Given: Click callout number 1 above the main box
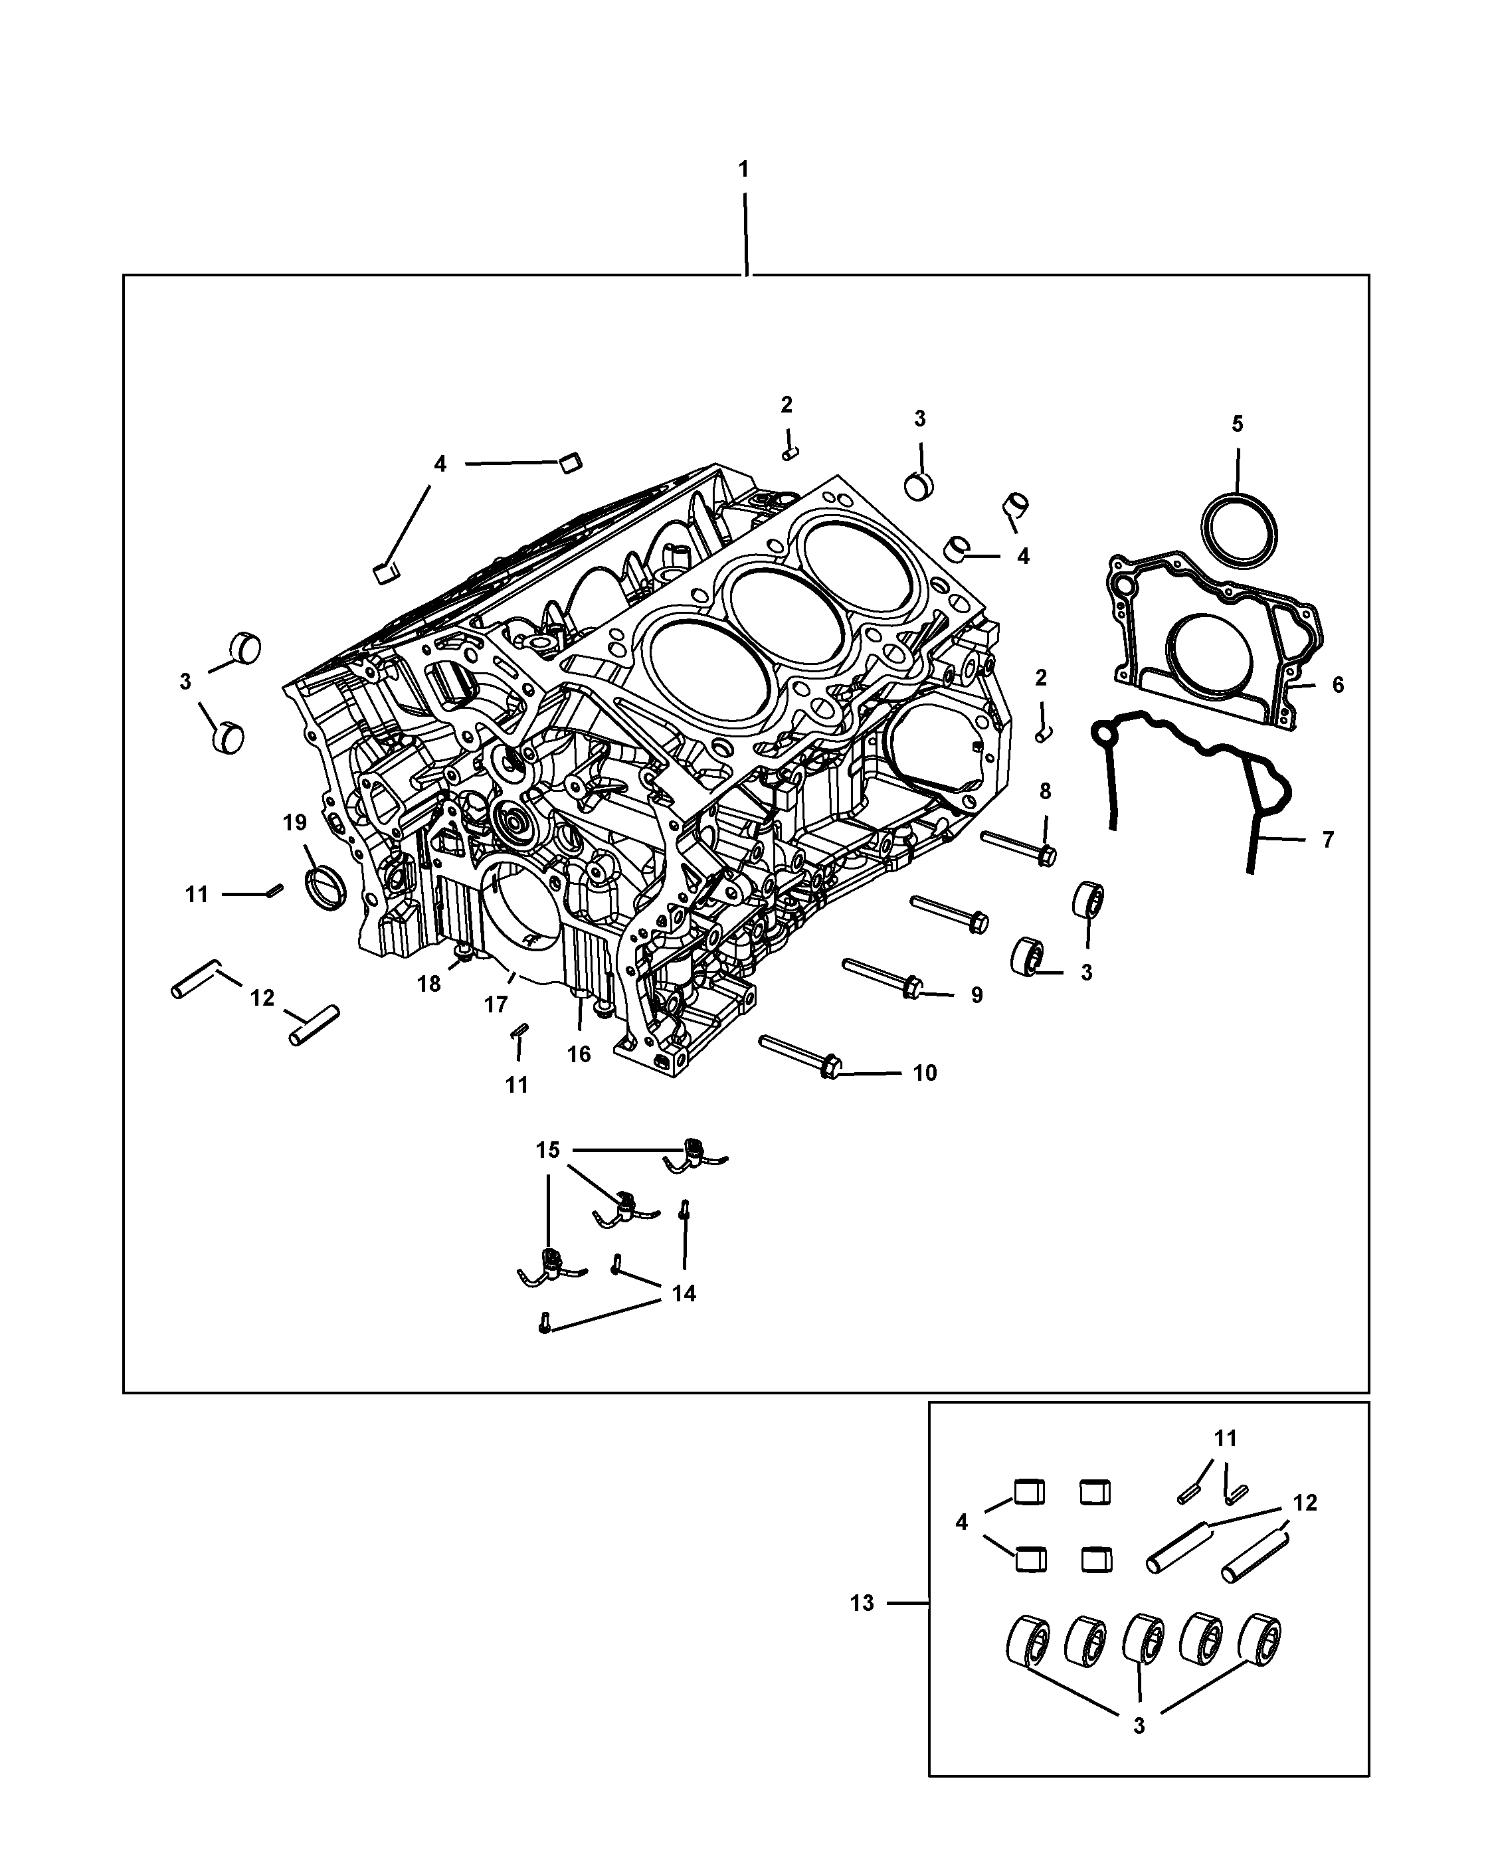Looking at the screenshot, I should pyautogui.click(x=743, y=170).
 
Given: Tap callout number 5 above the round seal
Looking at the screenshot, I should pyautogui.click(x=1237, y=424).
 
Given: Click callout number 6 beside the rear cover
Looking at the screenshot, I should pyautogui.click(x=1337, y=685).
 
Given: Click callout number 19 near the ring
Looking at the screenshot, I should pyautogui.click(x=295, y=822).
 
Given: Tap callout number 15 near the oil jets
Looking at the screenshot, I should pyautogui.click(x=548, y=1150).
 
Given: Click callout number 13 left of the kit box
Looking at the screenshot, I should pyautogui.click(x=862, y=1603).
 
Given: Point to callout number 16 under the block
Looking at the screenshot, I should pyautogui.click(x=579, y=1054).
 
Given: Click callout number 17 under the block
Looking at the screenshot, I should pyautogui.click(x=496, y=1004).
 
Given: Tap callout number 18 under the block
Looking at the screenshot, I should pyautogui.click(x=428, y=984).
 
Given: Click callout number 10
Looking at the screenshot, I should pyautogui.click(x=925, y=1073).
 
